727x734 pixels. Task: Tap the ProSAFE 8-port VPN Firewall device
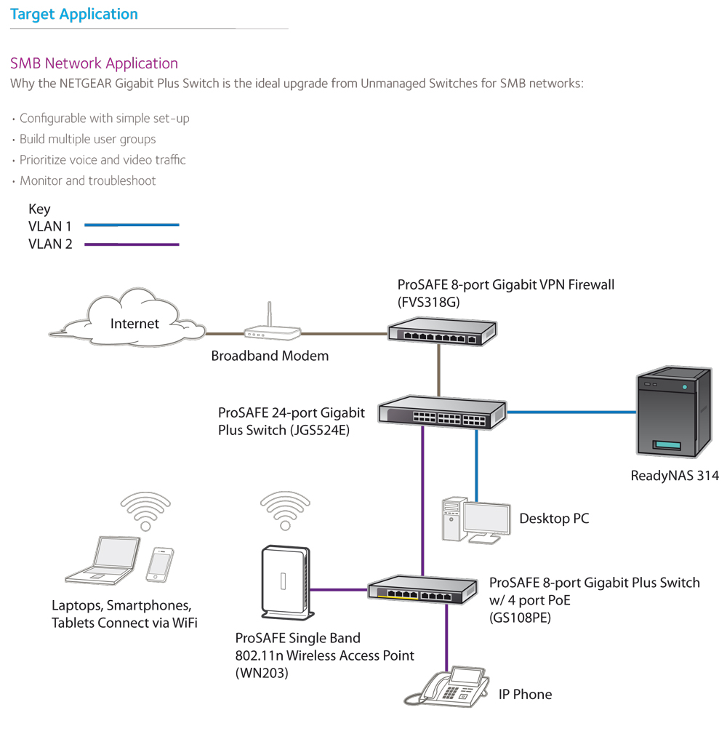pos(442,332)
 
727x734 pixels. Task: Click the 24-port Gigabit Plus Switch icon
pos(442,412)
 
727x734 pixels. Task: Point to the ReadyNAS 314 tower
pos(674,412)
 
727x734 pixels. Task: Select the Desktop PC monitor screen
pos(486,519)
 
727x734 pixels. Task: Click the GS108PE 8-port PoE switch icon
pos(422,589)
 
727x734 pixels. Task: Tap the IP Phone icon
pos(447,686)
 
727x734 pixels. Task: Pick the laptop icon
pos(103,560)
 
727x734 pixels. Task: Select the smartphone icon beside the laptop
pos(159,565)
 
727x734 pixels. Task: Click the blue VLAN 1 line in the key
pos(132,226)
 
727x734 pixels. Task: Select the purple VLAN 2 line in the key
pos(132,244)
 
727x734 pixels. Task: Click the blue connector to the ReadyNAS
pos(571,412)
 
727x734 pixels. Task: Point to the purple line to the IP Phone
pos(447,637)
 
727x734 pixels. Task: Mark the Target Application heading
pos(74,14)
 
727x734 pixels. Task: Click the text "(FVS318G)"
pos(428,303)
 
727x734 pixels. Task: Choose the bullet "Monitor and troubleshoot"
pos(87,180)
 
